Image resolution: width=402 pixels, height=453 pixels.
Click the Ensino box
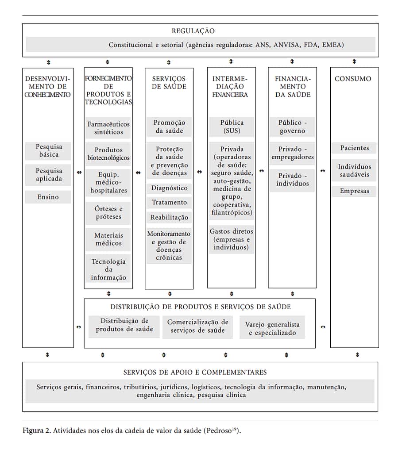pos(48,197)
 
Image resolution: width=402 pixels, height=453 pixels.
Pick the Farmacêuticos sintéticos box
pos(108,128)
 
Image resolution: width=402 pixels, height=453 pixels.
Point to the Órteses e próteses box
pos(108,213)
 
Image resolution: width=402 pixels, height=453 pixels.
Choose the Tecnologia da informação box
pos(108,269)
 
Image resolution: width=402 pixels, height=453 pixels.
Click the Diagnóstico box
pos(169,188)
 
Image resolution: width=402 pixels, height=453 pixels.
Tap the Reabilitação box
pos(169,217)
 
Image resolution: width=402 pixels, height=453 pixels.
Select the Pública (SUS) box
pos(232,127)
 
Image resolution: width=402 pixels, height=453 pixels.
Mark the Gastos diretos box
pos(232,239)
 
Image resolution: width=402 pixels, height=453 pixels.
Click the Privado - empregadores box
pos(292,153)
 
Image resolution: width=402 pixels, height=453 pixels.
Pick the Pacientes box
pos(354,148)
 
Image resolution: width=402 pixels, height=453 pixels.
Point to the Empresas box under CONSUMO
pos(354,191)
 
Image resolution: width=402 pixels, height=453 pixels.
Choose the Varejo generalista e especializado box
pos(272,328)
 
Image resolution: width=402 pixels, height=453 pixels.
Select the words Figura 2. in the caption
pos(37,430)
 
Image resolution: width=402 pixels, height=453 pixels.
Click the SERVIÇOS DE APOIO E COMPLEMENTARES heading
pos(195,372)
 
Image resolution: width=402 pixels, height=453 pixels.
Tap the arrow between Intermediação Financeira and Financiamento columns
pos(262,171)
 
